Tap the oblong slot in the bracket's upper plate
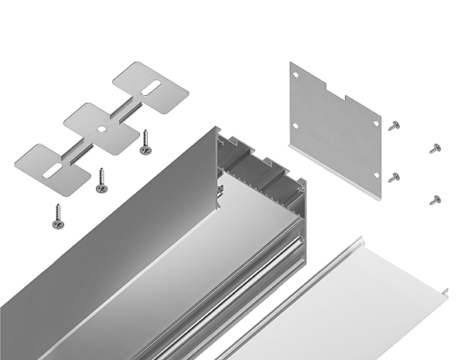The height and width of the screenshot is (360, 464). [x=153, y=87]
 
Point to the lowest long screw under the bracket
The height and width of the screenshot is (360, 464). [x=57, y=216]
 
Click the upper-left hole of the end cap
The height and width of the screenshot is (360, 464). [x=297, y=74]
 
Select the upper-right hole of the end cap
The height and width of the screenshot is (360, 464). [x=376, y=123]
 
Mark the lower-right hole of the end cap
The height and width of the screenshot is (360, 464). [x=377, y=180]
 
